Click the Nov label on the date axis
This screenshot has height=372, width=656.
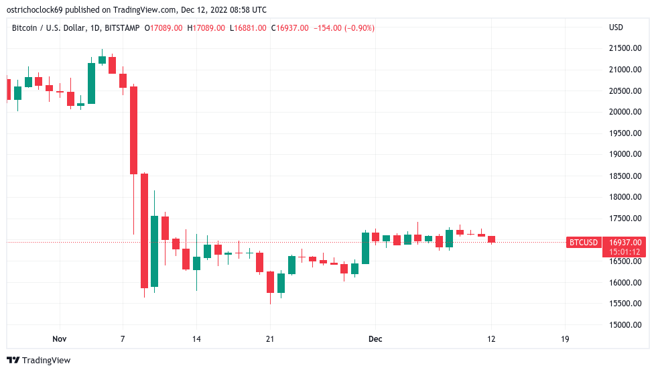[60, 339]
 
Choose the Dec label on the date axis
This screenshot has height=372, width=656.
[375, 339]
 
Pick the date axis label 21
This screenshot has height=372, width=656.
[269, 339]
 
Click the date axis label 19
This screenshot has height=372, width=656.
[565, 339]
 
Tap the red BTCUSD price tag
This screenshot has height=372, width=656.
[583, 242]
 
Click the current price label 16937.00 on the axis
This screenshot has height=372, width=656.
[625, 242]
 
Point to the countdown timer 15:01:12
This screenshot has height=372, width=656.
[625, 252]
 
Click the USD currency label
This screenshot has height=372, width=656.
[616, 27]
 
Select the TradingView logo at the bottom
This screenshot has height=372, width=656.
[39, 361]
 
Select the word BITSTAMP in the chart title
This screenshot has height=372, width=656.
[122, 27]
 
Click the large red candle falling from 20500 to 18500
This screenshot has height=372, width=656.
[134, 130]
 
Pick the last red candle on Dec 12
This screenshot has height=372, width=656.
[491, 239]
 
